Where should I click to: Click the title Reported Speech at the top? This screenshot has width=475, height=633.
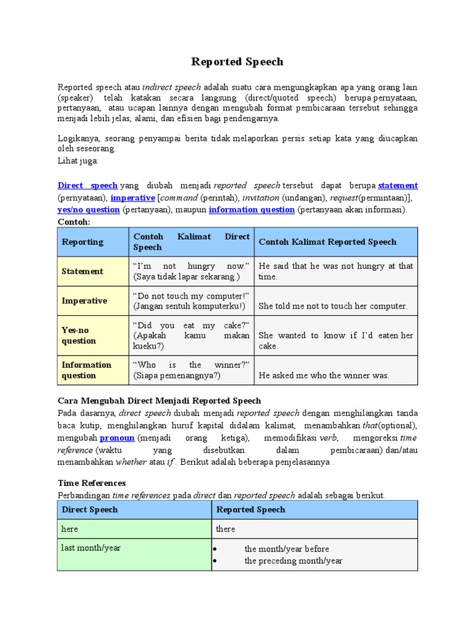point(237,62)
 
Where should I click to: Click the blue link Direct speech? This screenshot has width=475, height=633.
point(87,185)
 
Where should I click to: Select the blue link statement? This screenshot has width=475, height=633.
point(398,185)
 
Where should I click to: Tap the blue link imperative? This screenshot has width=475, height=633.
point(132,198)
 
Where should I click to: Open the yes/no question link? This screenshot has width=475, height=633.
point(88,210)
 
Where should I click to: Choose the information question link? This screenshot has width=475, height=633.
point(251,210)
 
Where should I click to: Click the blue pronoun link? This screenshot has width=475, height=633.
point(117,438)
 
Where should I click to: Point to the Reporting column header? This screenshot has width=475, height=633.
point(83,242)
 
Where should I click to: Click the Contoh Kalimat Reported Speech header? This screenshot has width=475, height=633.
point(327,242)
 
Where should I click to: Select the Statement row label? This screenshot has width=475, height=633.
point(82,271)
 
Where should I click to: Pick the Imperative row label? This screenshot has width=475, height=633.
point(84,301)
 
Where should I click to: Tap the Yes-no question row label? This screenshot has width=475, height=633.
point(79,336)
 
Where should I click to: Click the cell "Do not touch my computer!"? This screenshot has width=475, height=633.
point(191,301)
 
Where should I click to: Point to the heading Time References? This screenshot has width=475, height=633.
point(92,483)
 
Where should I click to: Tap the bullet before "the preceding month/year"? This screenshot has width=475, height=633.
point(214,561)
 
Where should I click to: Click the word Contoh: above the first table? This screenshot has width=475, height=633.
point(74,221)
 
